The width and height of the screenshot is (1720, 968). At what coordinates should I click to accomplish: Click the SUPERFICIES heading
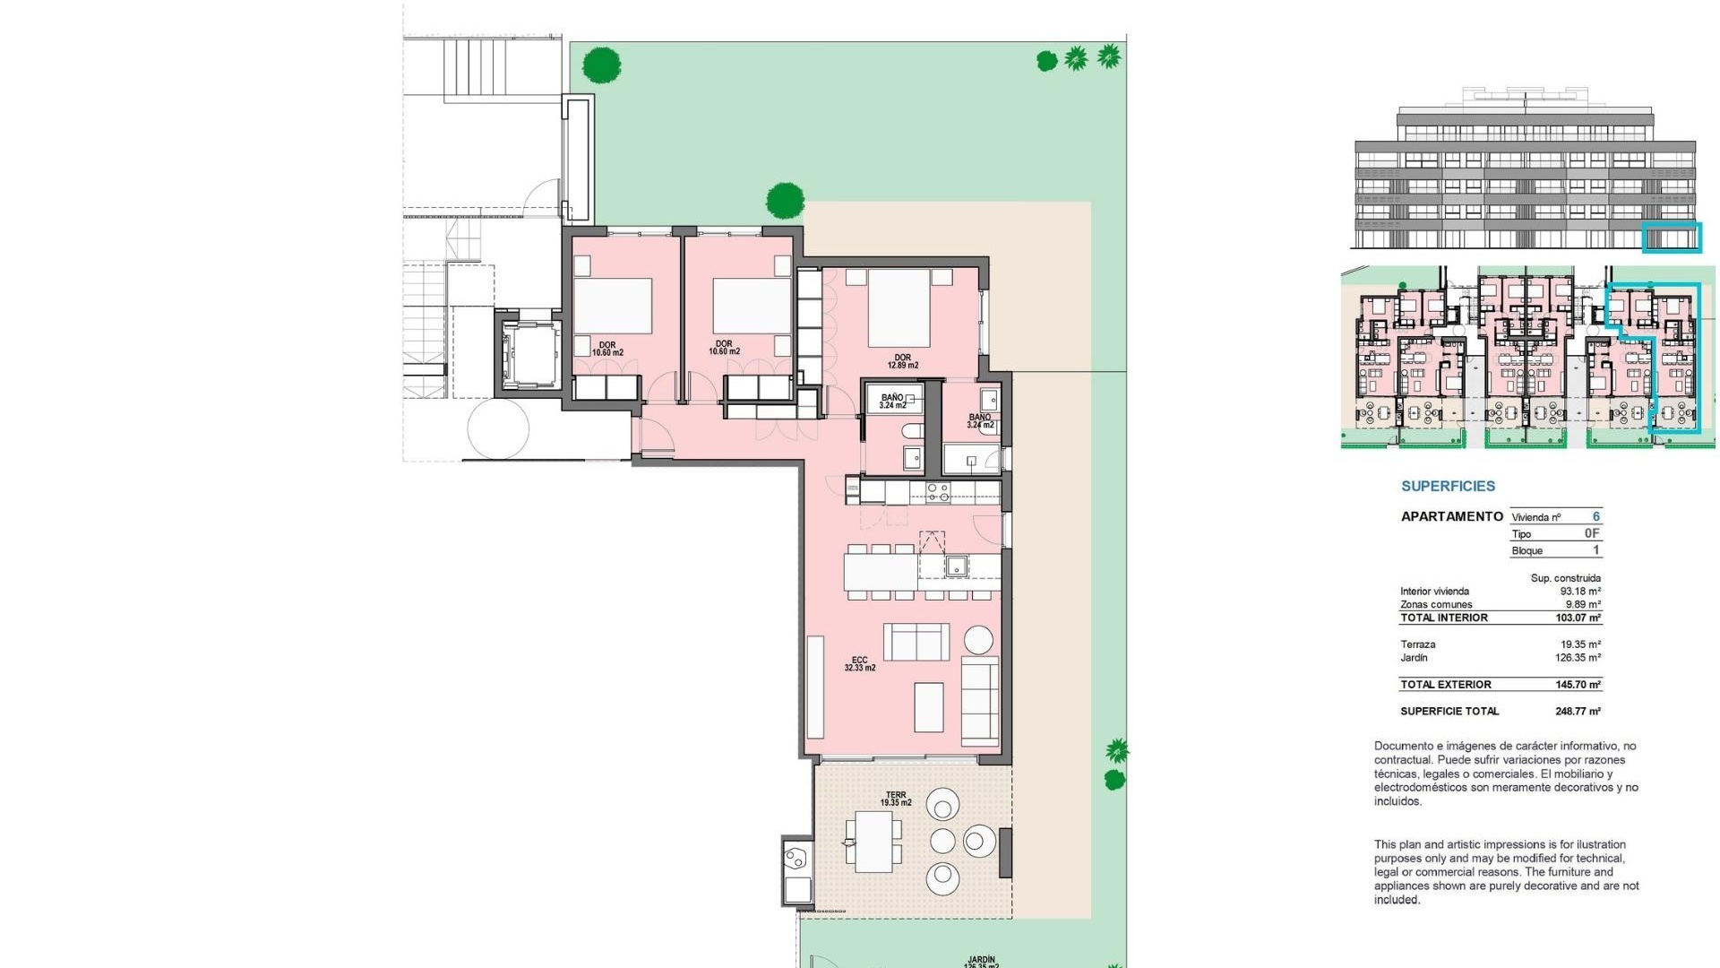tap(1448, 486)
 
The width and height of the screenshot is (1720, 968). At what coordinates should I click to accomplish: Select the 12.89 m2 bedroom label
tap(902, 361)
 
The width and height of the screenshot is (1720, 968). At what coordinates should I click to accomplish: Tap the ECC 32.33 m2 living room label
tap(859, 663)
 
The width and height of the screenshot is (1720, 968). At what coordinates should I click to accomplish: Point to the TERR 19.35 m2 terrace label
tap(895, 799)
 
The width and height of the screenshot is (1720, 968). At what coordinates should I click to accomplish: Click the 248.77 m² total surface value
tap(1578, 712)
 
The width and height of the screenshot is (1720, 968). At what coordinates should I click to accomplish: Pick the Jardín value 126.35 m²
tap(1578, 658)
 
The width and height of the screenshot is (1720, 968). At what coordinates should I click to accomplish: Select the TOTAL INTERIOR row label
tap(1443, 618)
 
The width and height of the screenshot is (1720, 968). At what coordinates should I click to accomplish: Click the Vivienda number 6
tap(1595, 516)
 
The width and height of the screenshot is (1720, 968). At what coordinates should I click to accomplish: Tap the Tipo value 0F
tap(1592, 533)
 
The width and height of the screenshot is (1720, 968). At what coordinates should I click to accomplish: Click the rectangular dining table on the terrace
tap(873, 842)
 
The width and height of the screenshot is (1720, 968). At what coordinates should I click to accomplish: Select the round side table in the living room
tap(978, 640)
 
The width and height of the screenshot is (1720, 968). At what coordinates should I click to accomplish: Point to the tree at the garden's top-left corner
tap(601, 65)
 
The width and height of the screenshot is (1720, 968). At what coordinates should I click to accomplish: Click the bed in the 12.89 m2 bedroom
tap(899, 308)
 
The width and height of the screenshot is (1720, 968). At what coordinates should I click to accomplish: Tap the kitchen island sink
tap(956, 566)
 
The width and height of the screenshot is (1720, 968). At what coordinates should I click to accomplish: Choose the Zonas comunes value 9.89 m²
tap(1582, 604)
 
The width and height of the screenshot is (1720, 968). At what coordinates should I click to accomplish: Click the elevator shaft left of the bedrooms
tap(528, 356)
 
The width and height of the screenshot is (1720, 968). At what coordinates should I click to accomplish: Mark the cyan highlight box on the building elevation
tap(1671, 238)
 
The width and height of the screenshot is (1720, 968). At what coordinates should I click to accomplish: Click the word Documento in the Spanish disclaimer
tap(1402, 746)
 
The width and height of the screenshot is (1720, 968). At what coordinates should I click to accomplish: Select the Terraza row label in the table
tap(1417, 644)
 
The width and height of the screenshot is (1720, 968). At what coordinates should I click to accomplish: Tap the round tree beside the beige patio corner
tap(785, 200)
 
